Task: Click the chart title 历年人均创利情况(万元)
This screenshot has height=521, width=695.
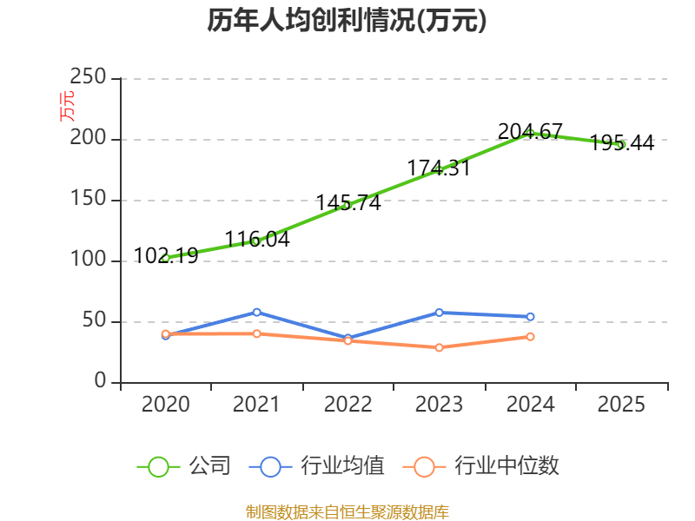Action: coord(347,21)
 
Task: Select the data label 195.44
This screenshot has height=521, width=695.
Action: coord(622,143)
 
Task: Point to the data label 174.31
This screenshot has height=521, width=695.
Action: coord(439,168)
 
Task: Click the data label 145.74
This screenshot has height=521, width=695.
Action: coord(347,203)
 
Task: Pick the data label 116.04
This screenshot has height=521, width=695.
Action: coord(256,239)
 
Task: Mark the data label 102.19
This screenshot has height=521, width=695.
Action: coord(166,255)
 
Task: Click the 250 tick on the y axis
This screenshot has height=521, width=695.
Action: coord(89,78)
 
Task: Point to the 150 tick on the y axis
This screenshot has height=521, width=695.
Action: coord(89,200)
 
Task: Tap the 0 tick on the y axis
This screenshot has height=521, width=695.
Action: coord(101,382)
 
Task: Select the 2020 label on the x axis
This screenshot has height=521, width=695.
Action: coord(165,404)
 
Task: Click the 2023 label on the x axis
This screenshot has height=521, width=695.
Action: coord(439,404)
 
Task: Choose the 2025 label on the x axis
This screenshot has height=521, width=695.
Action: coord(622,404)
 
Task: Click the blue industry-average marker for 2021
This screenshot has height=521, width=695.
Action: coord(256,312)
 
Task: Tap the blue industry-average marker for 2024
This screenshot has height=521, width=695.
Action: coord(530,317)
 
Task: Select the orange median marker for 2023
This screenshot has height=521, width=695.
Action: coord(439,347)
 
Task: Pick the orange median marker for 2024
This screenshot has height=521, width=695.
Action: coord(530,336)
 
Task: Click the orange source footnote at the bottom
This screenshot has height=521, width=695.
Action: coord(347,511)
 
